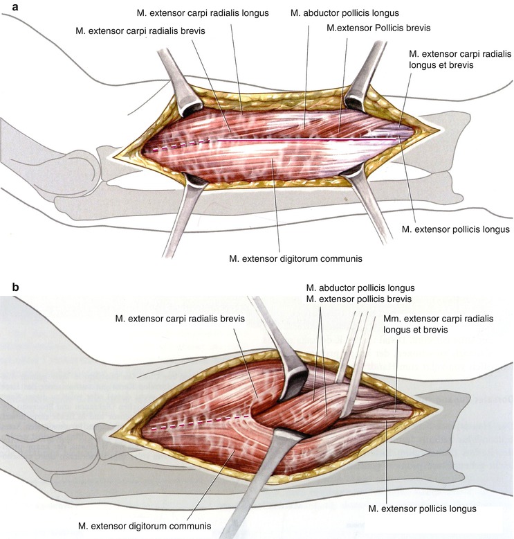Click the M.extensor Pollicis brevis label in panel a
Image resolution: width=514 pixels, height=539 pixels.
[378, 28]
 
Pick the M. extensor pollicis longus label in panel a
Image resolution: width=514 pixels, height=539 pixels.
[456, 229]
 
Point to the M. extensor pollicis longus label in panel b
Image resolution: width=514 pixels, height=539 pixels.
[423, 509]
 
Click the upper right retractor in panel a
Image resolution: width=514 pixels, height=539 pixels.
[366, 76]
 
